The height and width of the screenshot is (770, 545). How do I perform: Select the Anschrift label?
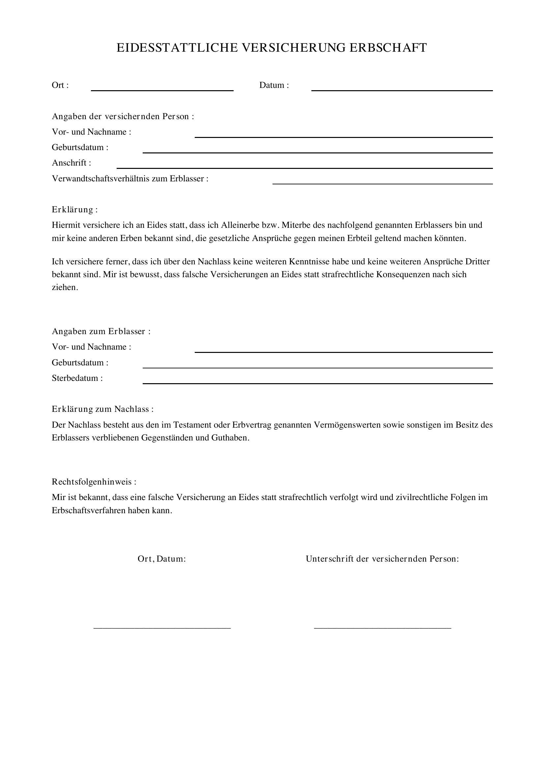tap(71, 163)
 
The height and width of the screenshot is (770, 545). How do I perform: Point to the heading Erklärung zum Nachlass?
tap(102, 409)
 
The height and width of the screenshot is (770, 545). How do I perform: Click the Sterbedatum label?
tap(77, 378)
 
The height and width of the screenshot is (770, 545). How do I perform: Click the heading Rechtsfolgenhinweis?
tap(94, 482)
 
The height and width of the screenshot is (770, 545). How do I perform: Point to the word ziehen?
tap(65, 287)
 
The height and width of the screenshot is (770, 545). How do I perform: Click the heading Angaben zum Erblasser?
tap(101, 332)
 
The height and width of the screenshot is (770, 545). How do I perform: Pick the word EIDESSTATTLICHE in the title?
tap(177, 48)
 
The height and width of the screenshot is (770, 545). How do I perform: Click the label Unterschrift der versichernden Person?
tap(382, 559)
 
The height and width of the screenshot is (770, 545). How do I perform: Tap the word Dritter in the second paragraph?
tap(478, 262)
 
